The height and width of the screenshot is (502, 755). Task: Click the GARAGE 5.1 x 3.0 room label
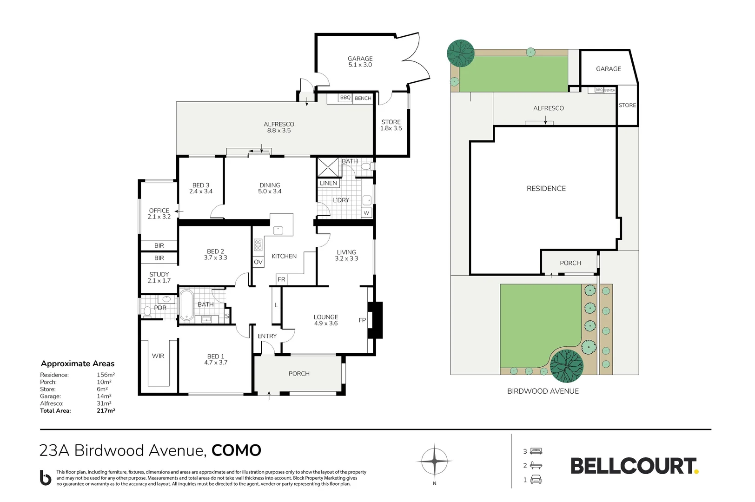[x=360, y=62]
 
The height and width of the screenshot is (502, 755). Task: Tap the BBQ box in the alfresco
[x=345, y=98]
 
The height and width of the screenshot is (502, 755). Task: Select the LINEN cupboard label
[x=328, y=184]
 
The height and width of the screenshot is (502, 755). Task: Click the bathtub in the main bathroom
[x=186, y=305]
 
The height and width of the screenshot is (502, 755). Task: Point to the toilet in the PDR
[x=147, y=311]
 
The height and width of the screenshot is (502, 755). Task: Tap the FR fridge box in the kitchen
[x=281, y=280]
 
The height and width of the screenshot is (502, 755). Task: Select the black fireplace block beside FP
[x=375, y=320]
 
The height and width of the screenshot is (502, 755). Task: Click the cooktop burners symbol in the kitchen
[x=258, y=245]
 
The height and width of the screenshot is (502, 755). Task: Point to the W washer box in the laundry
[x=366, y=213]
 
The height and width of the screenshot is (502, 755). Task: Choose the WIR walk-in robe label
[x=158, y=356]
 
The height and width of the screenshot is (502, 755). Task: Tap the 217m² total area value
[x=106, y=411]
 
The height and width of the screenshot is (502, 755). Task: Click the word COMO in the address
[x=236, y=451]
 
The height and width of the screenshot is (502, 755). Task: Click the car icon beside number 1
[x=536, y=480]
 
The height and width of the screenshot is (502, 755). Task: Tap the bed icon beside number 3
[x=536, y=451]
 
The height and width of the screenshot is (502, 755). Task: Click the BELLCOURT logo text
[x=633, y=466]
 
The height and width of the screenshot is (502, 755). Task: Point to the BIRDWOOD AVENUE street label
[x=543, y=391]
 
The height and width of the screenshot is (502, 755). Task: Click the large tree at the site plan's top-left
[x=460, y=53]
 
